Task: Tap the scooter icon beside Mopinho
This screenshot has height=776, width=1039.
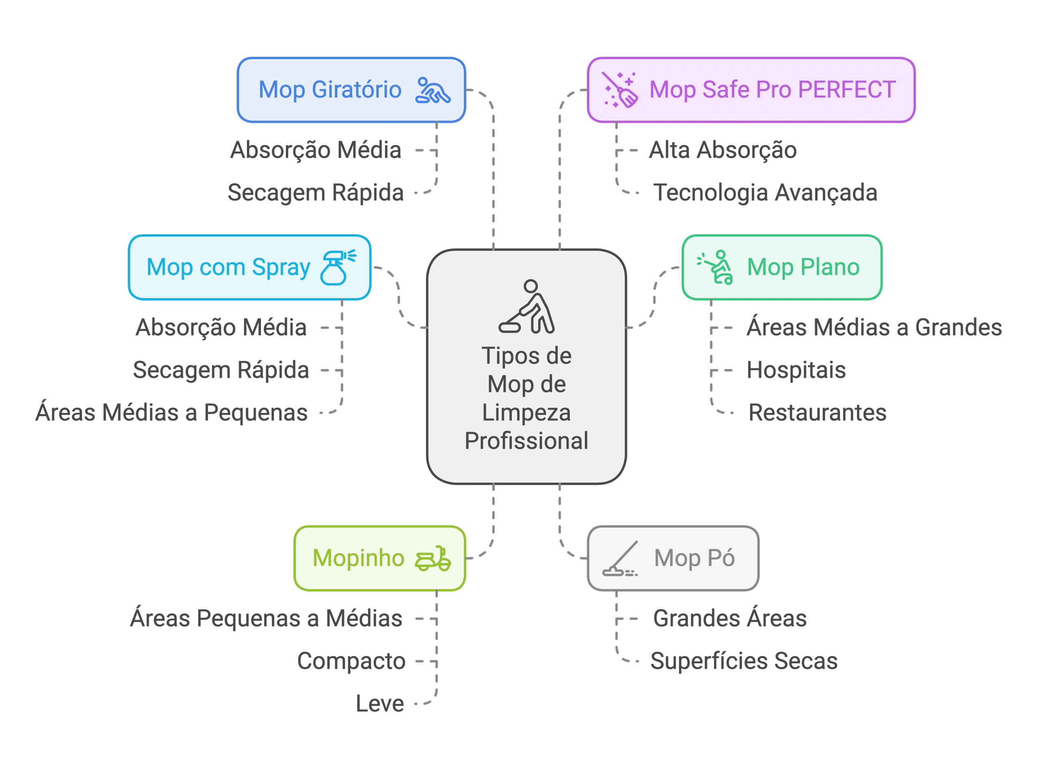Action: pyautogui.click(x=433, y=558)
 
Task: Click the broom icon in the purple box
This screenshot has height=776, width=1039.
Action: pyautogui.click(x=621, y=90)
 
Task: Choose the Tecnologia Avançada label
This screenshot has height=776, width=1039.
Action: pyautogui.click(x=765, y=192)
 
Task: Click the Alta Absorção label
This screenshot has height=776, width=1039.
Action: pyautogui.click(x=723, y=150)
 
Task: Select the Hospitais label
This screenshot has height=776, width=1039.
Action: pyautogui.click(x=796, y=370)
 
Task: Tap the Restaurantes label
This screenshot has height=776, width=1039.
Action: pyautogui.click(x=817, y=413)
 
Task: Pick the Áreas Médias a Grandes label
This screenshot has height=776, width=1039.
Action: pyautogui.click(x=874, y=327)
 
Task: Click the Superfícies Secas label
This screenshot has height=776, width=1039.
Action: pyautogui.click(x=744, y=661)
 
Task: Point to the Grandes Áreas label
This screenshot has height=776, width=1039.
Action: pyautogui.click(x=730, y=618)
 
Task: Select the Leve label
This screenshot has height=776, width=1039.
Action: pyautogui.click(x=379, y=704)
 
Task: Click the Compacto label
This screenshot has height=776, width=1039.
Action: pyautogui.click(x=351, y=661)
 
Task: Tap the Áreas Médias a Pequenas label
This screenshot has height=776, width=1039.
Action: pyautogui.click(x=171, y=413)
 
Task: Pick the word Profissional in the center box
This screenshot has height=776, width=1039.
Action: pyautogui.click(x=526, y=441)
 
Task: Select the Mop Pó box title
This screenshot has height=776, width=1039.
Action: pyautogui.click(x=694, y=558)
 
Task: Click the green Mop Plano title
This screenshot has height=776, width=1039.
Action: pyautogui.click(x=803, y=267)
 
